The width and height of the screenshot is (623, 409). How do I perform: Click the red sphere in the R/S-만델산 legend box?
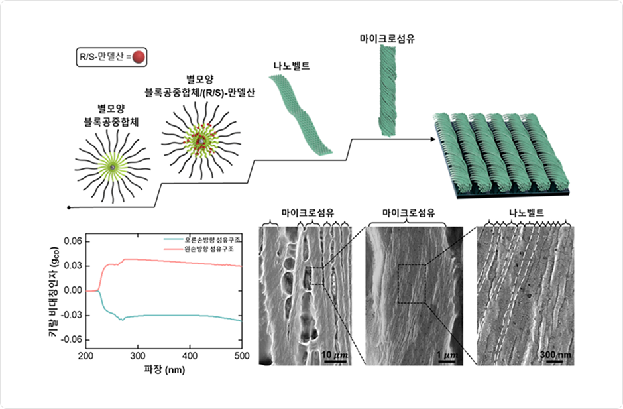(x=139, y=58)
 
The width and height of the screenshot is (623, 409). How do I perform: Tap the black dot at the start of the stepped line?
(x=70, y=207)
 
